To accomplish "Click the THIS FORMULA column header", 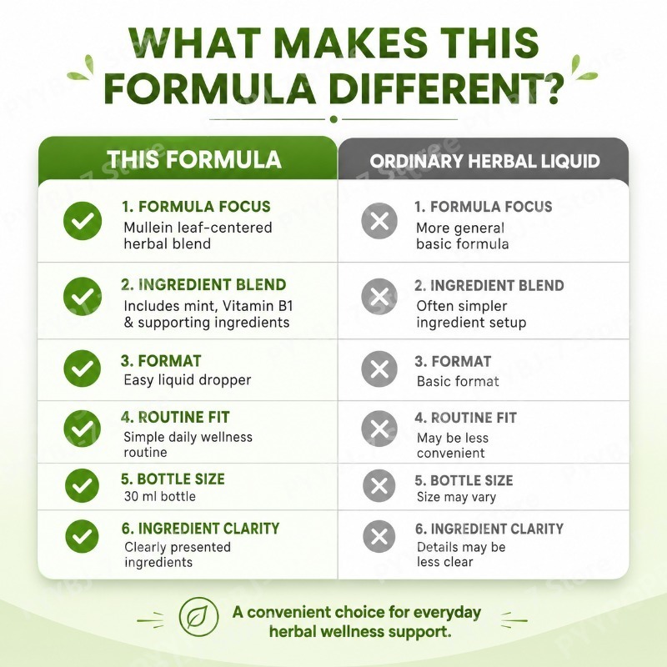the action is click(194, 159).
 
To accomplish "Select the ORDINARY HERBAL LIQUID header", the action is click(484, 161).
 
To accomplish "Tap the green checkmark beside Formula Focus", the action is click(83, 220).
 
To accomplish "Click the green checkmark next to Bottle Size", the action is click(82, 485).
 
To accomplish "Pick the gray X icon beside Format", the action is click(379, 369).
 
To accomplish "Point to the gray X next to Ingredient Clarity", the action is click(379, 536).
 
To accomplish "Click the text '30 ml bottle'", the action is click(160, 496).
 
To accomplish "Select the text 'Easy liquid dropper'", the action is click(187, 380).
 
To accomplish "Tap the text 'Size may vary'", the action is click(456, 497).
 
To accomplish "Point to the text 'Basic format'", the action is click(458, 381).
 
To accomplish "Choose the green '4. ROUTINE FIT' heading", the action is click(175, 418).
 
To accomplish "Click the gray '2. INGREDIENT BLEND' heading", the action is click(489, 285).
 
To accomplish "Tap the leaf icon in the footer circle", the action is click(198, 616).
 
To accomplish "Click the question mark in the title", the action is click(553, 89).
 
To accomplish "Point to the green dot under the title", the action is click(334, 119).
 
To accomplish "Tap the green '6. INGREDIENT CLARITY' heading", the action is click(200, 529).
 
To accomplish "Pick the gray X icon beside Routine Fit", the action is click(379, 429).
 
